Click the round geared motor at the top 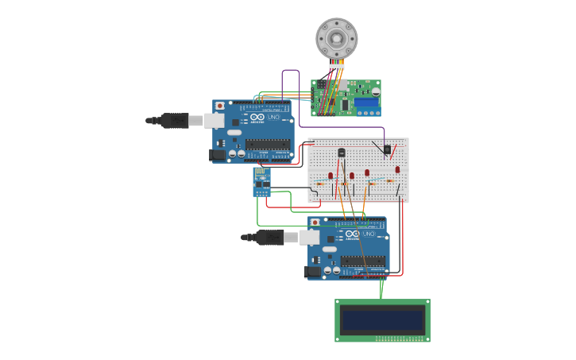click(x=336, y=37)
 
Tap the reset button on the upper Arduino click(x=220, y=106)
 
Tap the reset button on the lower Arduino click(x=315, y=223)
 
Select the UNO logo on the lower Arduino click(x=369, y=234)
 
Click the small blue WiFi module click(x=261, y=181)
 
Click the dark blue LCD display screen click(x=382, y=319)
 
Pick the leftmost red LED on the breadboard click(x=331, y=176)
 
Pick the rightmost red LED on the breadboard click(x=397, y=169)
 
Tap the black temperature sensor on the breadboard click(x=342, y=152)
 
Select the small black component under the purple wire click(x=387, y=149)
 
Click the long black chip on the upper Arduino click(x=268, y=144)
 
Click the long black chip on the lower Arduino click(x=363, y=261)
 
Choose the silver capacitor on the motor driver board click(x=375, y=92)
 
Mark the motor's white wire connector click(x=337, y=67)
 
